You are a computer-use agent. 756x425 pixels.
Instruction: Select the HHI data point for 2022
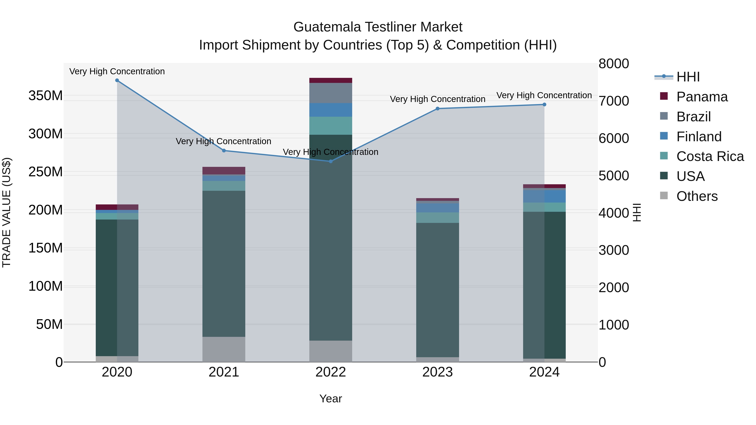(x=331, y=161)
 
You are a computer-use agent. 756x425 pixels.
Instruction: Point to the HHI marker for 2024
(x=544, y=105)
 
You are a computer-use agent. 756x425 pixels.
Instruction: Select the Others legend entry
(x=697, y=196)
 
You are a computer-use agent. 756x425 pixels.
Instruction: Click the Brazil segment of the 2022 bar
(x=331, y=93)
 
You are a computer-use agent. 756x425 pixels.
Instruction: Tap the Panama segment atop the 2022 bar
(x=331, y=80)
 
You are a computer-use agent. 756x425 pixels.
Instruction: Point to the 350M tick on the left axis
(x=46, y=96)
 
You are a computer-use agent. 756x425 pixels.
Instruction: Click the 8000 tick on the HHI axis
(x=614, y=64)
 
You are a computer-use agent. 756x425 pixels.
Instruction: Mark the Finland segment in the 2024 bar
(x=544, y=196)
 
